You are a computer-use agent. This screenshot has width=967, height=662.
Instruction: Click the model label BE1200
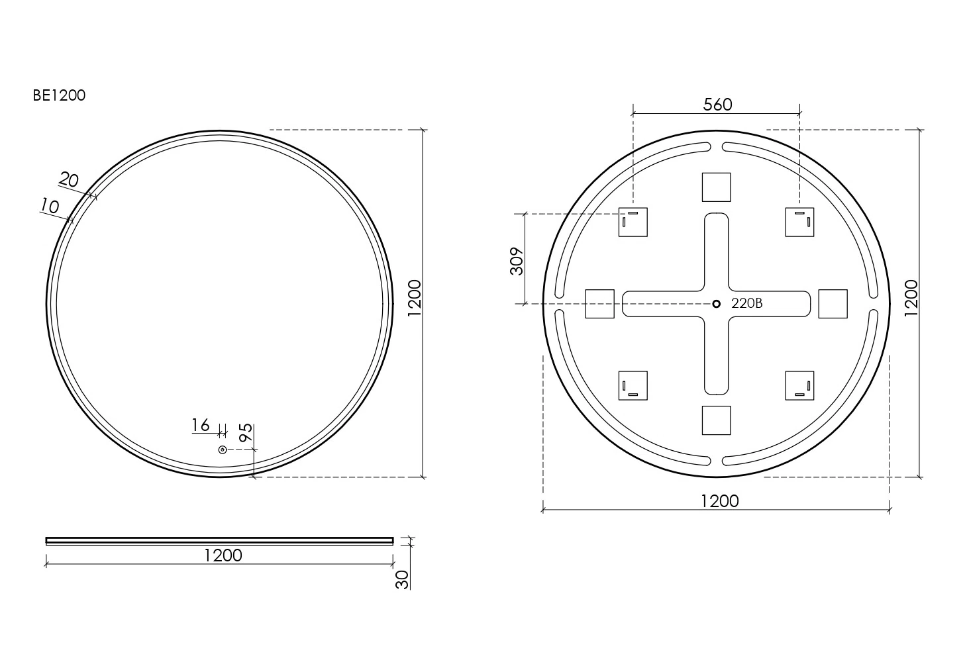(59, 95)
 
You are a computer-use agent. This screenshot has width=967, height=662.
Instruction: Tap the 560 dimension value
(717, 105)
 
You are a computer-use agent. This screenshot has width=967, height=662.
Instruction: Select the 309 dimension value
(517, 261)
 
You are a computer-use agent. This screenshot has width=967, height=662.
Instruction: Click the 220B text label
(747, 303)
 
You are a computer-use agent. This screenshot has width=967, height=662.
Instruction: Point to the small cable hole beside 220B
(716, 304)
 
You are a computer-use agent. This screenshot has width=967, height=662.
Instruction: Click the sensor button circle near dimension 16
(223, 450)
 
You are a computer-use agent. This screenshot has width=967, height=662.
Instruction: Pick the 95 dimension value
(246, 432)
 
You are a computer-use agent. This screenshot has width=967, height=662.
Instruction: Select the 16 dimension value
(201, 426)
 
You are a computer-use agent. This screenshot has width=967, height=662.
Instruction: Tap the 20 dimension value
(69, 179)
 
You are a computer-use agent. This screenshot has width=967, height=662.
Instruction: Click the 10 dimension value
(50, 207)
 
